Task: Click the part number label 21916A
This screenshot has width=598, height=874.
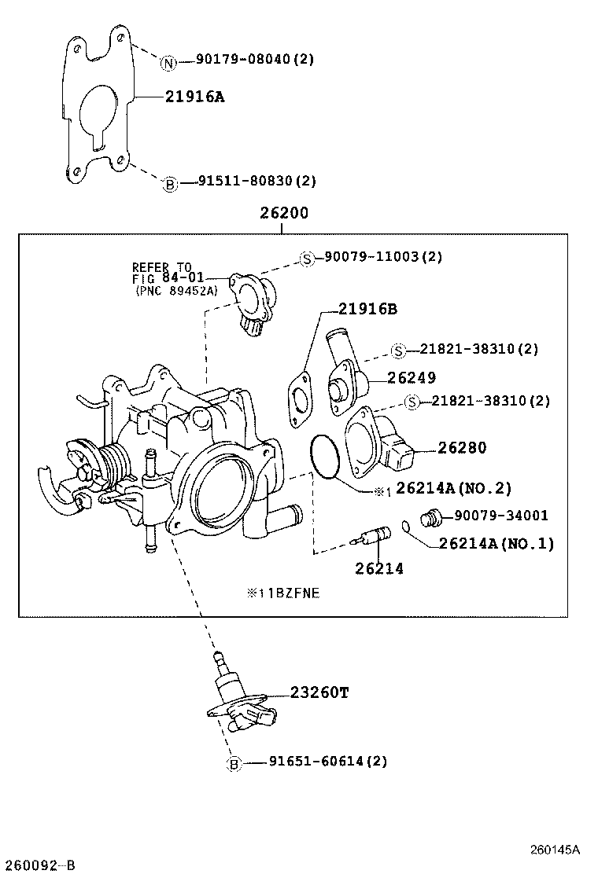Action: click(x=194, y=97)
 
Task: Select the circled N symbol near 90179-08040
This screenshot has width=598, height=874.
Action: click(x=168, y=63)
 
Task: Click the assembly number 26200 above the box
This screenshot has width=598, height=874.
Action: click(x=281, y=213)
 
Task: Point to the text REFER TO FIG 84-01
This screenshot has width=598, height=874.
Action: click(x=168, y=272)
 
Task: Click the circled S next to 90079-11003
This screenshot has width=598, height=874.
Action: click(x=308, y=258)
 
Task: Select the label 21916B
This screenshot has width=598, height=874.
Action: click(x=367, y=310)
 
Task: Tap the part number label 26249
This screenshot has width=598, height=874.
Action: click(x=411, y=377)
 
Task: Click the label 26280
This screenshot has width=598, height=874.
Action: click(x=462, y=448)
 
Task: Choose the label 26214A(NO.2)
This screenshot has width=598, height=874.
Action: click(x=452, y=489)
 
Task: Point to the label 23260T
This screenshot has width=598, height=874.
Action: click(x=319, y=692)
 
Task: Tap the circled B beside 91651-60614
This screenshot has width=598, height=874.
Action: click(x=234, y=763)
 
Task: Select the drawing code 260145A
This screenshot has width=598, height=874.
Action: click(x=554, y=850)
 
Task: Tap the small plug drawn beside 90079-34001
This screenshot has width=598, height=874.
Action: click(x=431, y=519)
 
